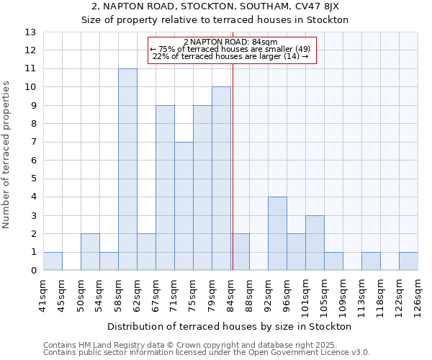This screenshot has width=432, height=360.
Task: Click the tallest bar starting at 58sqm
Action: tap(127, 169)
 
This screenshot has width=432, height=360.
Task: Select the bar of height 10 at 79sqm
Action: tap(221, 179)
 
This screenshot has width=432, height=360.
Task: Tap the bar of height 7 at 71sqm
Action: tap(184, 206)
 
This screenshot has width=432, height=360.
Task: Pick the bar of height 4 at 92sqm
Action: tap(277, 233)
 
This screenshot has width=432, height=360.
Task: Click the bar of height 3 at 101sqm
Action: tap(315, 243)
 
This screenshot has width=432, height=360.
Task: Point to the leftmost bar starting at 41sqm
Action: tap(53, 261)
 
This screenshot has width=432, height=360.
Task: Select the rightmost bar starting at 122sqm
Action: tap(408, 261)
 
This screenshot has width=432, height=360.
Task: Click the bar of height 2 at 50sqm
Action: tap(90, 252)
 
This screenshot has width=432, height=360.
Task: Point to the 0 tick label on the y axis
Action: tap(33, 271)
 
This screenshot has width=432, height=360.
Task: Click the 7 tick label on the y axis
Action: tap(33, 143)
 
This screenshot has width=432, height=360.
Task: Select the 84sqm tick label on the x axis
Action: tap(230, 293)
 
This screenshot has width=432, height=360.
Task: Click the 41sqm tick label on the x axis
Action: tap(43, 293)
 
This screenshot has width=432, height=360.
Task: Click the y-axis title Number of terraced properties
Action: tap(7, 155)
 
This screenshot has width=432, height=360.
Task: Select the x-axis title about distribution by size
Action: tap(230, 326)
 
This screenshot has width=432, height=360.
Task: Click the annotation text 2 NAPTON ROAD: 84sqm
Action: tap(232, 42)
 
